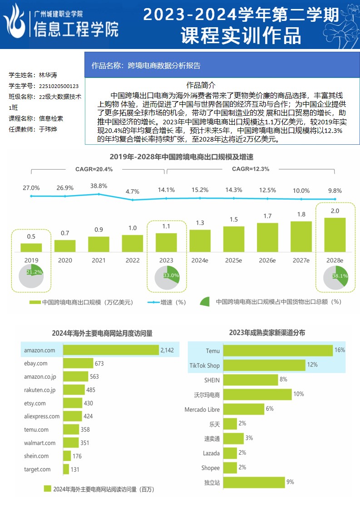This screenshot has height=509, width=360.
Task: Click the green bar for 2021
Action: click(99, 244)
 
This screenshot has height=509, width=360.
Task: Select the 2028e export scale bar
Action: click(335, 235)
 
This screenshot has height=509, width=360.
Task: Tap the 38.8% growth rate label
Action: click(99, 186)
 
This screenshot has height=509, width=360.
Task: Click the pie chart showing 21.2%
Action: click(31, 278)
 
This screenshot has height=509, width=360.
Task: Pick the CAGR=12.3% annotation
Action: click(251, 169)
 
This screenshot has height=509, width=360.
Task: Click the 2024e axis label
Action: click(200, 260)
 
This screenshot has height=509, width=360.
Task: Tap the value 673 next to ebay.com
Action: click(99, 363)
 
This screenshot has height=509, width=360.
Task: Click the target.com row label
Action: click(37, 469)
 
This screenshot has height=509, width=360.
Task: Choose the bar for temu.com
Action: click(70, 430)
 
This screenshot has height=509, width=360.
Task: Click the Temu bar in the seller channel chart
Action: click(278, 351)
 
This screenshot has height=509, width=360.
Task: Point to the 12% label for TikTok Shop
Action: click(312, 365)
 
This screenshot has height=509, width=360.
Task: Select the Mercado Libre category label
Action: click(202, 409)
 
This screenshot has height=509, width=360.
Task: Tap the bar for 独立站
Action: click(254, 482)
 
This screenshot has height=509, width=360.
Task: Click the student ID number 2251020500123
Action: click(59, 86)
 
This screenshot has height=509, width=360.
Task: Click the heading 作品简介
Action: click(201, 85)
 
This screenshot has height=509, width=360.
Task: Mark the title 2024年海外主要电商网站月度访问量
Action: click(102, 333)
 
